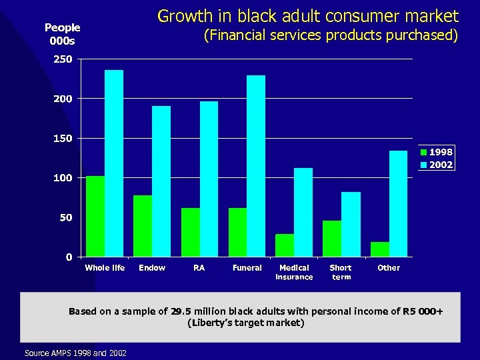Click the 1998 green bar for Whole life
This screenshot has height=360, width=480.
[95, 217]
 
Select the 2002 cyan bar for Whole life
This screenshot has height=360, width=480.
[114, 163]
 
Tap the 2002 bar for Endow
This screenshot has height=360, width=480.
[161, 181]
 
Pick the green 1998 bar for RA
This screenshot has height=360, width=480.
[191, 232]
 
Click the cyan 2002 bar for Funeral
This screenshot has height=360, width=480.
[256, 166]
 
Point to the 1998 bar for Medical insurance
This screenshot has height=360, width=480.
[285, 245]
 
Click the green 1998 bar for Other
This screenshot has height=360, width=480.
[380, 249]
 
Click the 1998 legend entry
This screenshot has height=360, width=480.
[437, 152]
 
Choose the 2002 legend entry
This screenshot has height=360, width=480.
[437, 165]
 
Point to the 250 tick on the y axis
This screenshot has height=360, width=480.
[63, 59]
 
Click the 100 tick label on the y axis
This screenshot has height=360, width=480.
[63, 178]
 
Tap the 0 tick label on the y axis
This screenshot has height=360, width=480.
[69, 257]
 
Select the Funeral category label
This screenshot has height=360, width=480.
[247, 268]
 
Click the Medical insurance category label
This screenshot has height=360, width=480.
[294, 272]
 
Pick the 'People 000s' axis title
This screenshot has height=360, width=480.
[62, 34]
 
